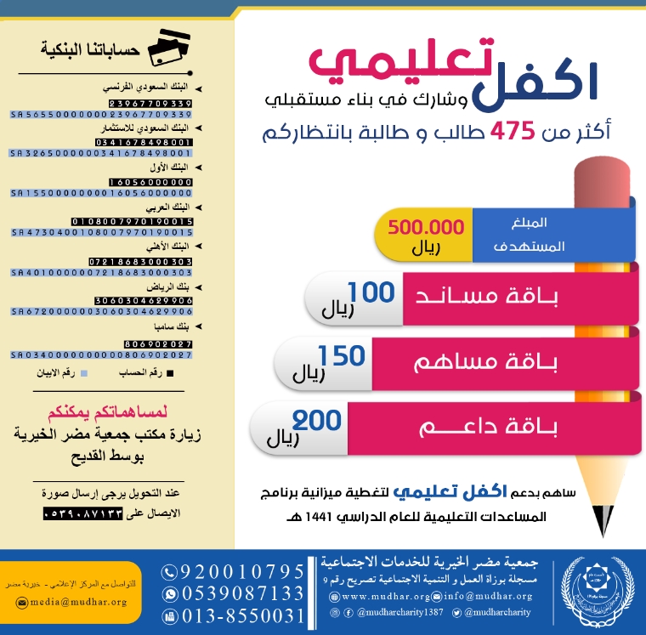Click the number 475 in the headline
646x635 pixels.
click(511, 131)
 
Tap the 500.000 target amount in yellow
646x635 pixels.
click(426, 228)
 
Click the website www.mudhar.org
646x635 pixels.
click(378, 596)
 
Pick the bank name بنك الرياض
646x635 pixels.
click(176, 287)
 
